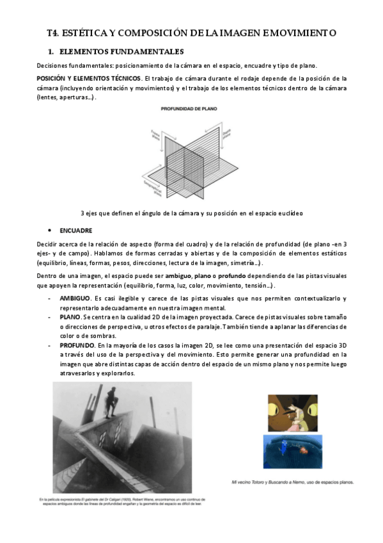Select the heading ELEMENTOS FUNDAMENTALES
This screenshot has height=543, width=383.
(x=120, y=51)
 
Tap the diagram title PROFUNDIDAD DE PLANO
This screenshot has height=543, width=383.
(x=190, y=108)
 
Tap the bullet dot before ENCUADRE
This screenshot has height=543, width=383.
(x=51, y=229)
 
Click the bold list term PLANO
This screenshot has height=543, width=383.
(x=70, y=317)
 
